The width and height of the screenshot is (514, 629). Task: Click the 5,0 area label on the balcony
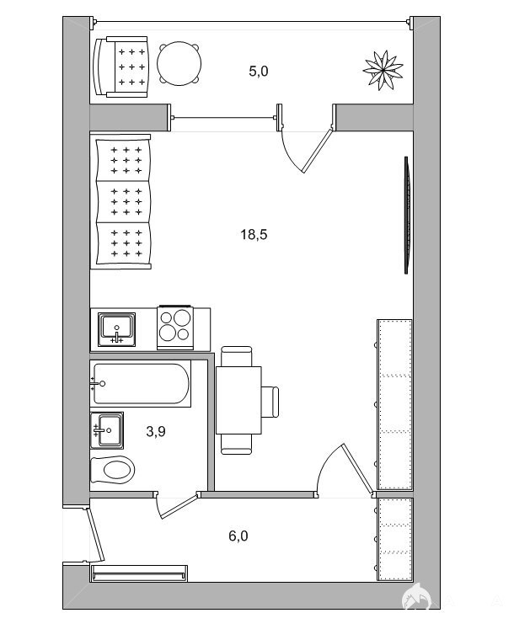(x=258, y=72)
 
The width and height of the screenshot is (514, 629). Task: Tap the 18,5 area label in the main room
(x=254, y=234)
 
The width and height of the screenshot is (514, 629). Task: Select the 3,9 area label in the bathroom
(x=156, y=431)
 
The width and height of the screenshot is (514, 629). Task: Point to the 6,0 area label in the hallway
(x=238, y=536)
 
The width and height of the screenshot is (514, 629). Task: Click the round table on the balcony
(x=179, y=63)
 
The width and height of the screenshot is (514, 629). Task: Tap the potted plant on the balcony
(x=383, y=70)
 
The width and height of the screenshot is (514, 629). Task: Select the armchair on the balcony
(x=120, y=67)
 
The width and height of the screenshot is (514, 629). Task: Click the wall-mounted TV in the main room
(x=407, y=216)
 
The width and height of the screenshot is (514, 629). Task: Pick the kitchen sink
(x=116, y=329)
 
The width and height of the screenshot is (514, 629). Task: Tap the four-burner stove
(x=175, y=328)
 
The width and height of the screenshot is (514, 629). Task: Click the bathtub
(x=140, y=383)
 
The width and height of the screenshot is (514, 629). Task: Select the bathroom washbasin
(x=107, y=430)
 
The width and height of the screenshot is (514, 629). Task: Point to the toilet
(x=112, y=470)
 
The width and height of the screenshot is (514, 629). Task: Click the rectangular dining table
(x=238, y=400)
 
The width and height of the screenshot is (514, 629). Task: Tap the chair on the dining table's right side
(x=270, y=402)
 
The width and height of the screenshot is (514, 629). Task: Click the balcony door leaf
(x=318, y=150)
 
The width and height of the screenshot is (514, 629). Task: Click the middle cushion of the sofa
(x=124, y=202)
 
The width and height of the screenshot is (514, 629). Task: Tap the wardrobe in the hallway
(x=394, y=539)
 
